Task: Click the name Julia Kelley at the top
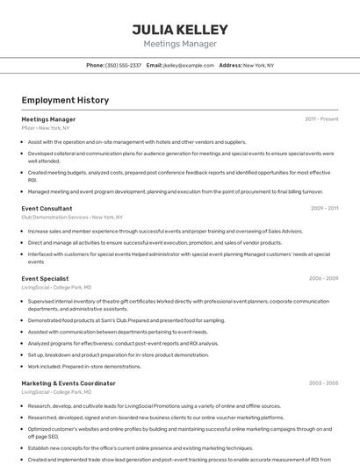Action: click(179, 29)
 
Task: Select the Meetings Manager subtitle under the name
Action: click(179, 44)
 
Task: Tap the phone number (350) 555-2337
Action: click(124, 65)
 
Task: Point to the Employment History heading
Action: click(65, 100)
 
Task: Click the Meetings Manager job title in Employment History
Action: click(48, 119)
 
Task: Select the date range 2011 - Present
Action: click(321, 119)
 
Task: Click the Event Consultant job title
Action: click(47, 208)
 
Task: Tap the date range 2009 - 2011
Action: click(324, 208)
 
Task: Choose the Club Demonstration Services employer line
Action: click(72, 217)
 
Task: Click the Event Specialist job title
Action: click(45, 278)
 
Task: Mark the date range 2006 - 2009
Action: click(323, 278)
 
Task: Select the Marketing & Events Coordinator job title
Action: click(68, 383)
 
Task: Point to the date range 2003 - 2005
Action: click(323, 383)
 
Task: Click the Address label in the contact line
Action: click(230, 65)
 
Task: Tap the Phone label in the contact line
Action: click(95, 65)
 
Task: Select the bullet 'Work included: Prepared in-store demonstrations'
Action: click(84, 366)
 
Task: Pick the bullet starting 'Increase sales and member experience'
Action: click(165, 231)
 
